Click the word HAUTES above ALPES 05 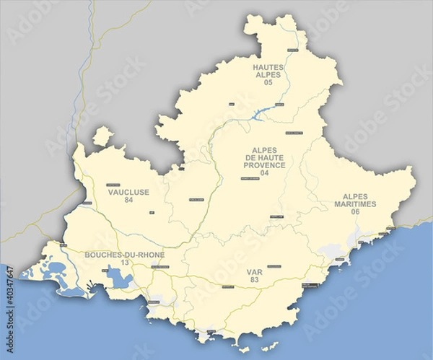[268, 67]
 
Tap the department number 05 [268, 83]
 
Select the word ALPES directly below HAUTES [268, 75]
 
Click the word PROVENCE [265, 165]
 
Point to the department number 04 [264, 173]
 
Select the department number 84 [128, 201]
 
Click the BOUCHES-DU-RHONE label [125, 255]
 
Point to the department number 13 [124, 263]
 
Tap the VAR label [253, 272]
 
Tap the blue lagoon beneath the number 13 [115, 277]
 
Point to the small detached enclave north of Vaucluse [103, 136]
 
